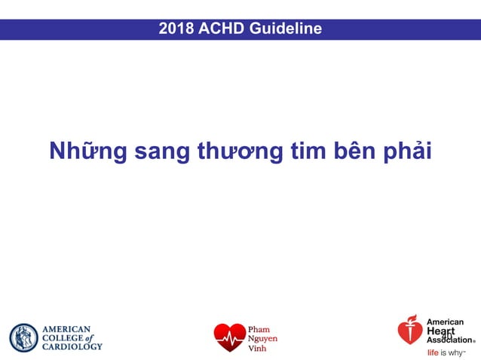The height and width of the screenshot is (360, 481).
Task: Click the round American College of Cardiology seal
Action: [x=23, y=338]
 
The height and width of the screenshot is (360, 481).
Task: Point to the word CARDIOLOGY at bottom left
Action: [x=72, y=346]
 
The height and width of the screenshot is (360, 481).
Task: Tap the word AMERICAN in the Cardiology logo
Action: [x=66, y=329]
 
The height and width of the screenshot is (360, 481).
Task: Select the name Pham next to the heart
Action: [x=259, y=330]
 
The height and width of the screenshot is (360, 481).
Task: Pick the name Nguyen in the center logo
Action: [x=263, y=339]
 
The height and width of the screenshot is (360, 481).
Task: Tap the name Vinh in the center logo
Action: [x=257, y=348]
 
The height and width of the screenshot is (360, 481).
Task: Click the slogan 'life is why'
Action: [x=446, y=352]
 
